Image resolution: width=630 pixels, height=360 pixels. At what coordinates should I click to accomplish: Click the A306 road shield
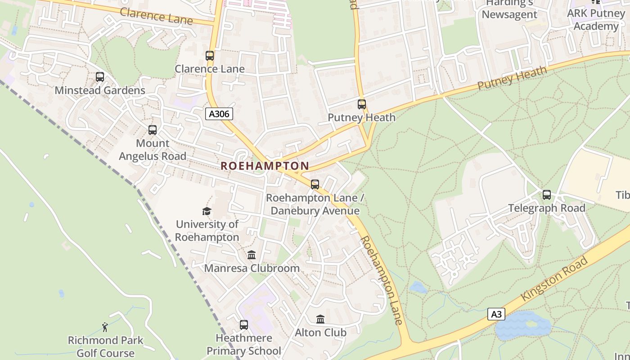(219, 114)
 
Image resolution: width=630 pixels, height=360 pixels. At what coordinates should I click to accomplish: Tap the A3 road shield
(496, 314)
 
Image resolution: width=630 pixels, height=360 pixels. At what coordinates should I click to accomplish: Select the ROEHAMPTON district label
(265, 166)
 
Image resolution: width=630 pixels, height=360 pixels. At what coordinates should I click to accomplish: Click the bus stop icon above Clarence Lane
(210, 56)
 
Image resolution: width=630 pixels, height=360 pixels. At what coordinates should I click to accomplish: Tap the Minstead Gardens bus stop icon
(100, 77)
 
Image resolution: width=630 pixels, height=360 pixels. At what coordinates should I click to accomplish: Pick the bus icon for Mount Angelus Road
(153, 130)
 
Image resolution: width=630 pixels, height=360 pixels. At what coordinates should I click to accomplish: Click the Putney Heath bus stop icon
(361, 104)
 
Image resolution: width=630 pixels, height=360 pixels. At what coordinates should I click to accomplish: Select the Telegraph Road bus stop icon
(546, 195)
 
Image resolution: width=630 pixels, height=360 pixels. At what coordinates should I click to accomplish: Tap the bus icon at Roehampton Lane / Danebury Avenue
(315, 184)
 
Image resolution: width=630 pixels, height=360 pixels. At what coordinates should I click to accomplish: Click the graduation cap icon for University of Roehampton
(207, 211)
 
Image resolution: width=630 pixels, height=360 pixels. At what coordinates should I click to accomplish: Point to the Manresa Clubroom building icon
(252, 255)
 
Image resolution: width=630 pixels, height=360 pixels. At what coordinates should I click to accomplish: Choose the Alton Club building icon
(320, 319)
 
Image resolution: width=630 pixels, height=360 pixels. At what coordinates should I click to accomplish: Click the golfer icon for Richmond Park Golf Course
(105, 327)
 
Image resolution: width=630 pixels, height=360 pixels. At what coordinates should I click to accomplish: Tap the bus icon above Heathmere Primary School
(243, 324)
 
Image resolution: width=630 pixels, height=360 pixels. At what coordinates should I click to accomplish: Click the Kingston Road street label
(554, 279)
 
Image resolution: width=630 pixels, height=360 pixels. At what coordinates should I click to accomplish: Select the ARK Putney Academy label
(595, 19)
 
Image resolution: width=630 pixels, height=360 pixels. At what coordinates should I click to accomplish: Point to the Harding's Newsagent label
(509, 9)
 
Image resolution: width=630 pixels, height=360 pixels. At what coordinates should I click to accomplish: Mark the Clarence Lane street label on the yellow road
(156, 16)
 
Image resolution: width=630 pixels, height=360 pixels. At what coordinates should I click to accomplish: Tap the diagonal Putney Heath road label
(512, 77)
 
